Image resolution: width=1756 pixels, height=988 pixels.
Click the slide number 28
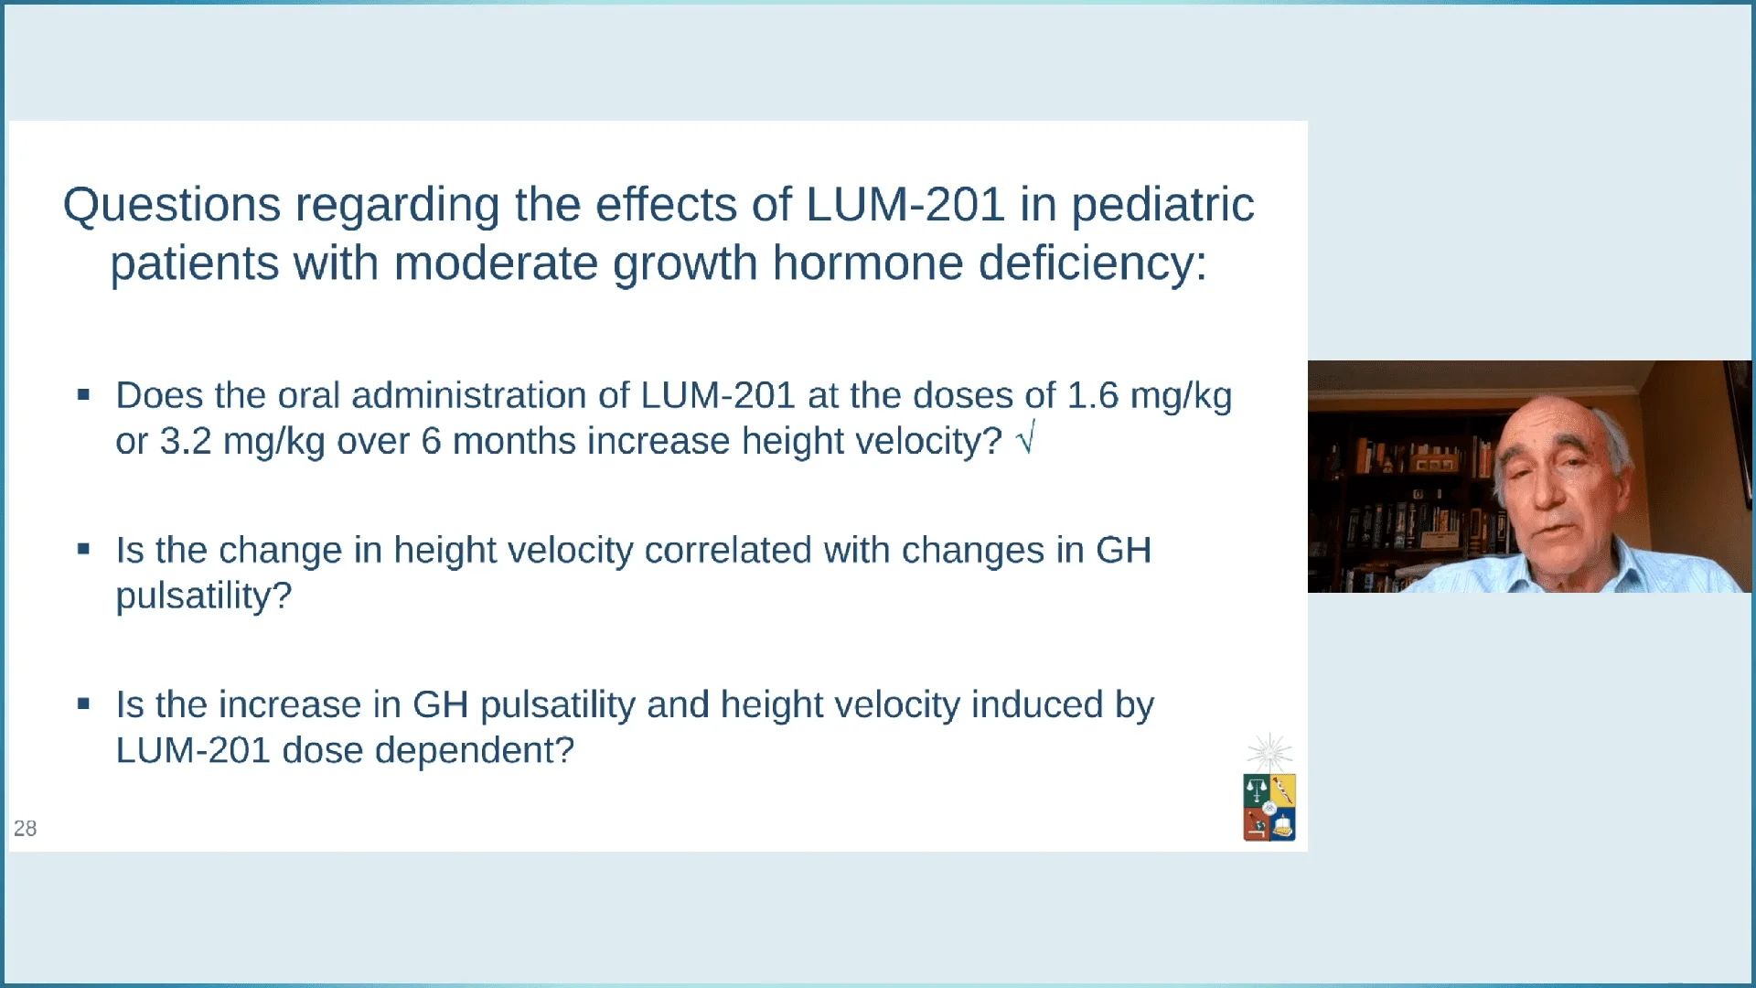pyautogui.click(x=25, y=828)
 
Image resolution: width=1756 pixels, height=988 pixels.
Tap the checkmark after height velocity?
pyautogui.click(x=1026, y=439)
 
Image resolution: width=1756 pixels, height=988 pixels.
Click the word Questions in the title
pyautogui.click(x=171, y=204)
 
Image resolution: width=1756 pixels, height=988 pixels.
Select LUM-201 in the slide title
pyautogui.click(x=905, y=204)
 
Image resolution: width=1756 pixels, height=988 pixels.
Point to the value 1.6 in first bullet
pyautogui.click(x=1092, y=395)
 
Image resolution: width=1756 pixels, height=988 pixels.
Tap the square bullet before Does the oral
pyautogui.click(x=83, y=395)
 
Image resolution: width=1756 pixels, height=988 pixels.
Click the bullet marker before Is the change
pyautogui.click(x=83, y=550)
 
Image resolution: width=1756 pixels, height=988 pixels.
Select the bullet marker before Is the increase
pyautogui.click(x=83, y=704)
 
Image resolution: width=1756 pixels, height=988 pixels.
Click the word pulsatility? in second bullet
pyautogui.click(x=203, y=596)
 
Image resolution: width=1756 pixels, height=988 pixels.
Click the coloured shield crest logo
pyautogui.click(x=1269, y=807)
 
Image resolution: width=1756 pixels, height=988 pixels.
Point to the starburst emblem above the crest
pyautogui.click(x=1269, y=753)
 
